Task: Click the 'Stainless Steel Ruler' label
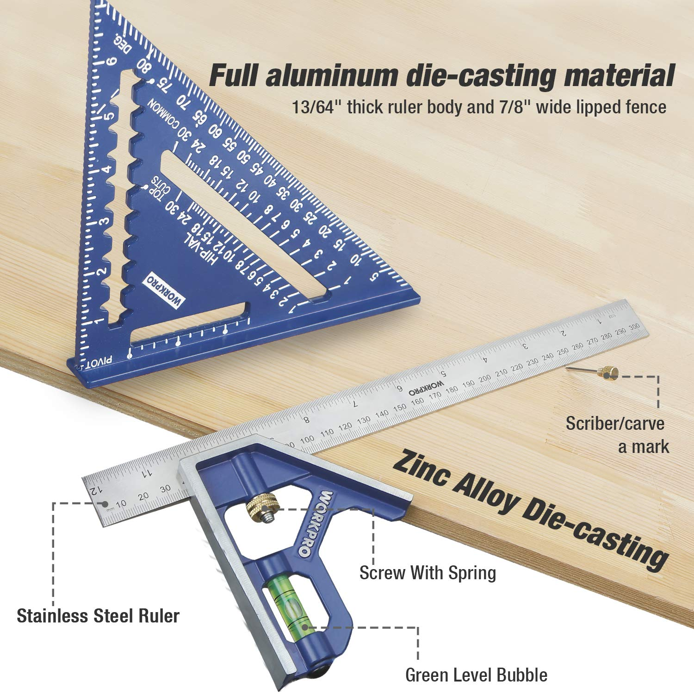pyautogui.click(x=98, y=616)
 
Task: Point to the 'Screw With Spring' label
pyautogui.click(x=428, y=573)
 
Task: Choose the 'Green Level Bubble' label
pyautogui.click(x=476, y=675)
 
